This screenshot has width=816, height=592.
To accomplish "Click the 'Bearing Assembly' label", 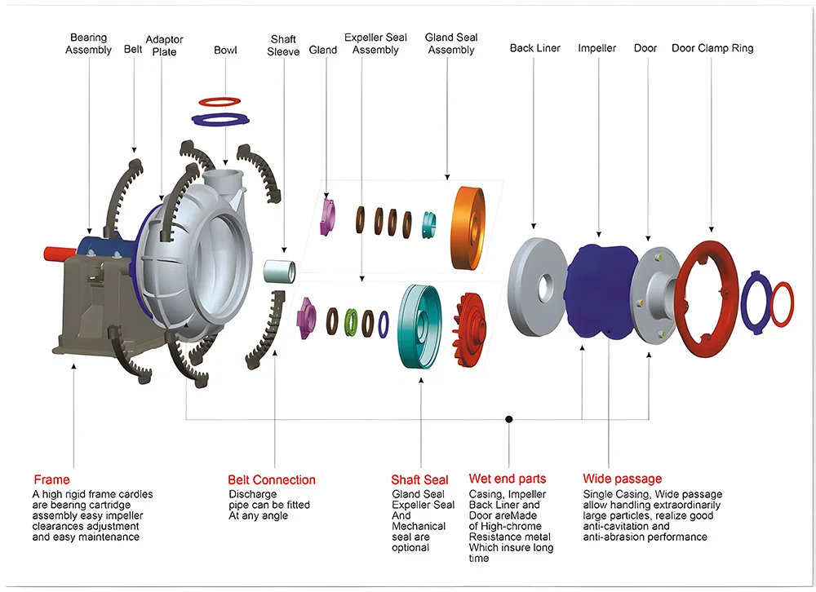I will tap(89, 44).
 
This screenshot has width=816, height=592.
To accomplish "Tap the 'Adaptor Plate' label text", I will tap(164, 46).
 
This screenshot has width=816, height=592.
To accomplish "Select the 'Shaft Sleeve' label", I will tap(283, 46).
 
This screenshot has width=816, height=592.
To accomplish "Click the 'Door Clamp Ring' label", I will tap(712, 48).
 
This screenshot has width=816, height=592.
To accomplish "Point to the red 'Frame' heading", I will tap(51, 479).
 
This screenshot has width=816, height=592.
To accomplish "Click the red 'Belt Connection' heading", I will tap(271, 480).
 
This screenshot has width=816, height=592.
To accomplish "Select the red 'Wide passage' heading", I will tap(622, 479).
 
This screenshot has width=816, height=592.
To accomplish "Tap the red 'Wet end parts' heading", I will tap(507, 479).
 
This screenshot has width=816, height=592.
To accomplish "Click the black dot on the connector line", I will tap(508, 419).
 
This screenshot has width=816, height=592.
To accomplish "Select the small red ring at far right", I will tap(783, 303).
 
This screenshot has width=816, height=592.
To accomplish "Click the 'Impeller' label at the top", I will tap(596, 48).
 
